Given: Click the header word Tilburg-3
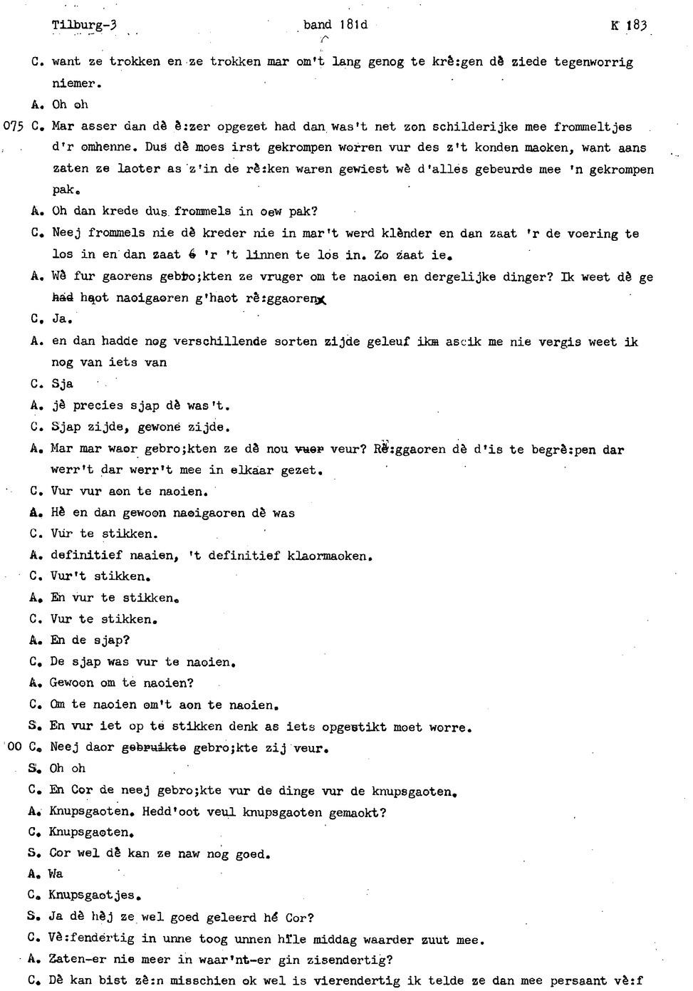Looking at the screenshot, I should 83,26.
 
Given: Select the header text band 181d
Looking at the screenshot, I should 335,25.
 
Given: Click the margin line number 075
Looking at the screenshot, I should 15,127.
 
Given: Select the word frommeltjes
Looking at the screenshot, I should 593,127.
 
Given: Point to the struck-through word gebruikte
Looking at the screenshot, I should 154,748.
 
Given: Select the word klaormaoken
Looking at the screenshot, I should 330,555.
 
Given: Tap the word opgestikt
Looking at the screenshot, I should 354,727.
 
